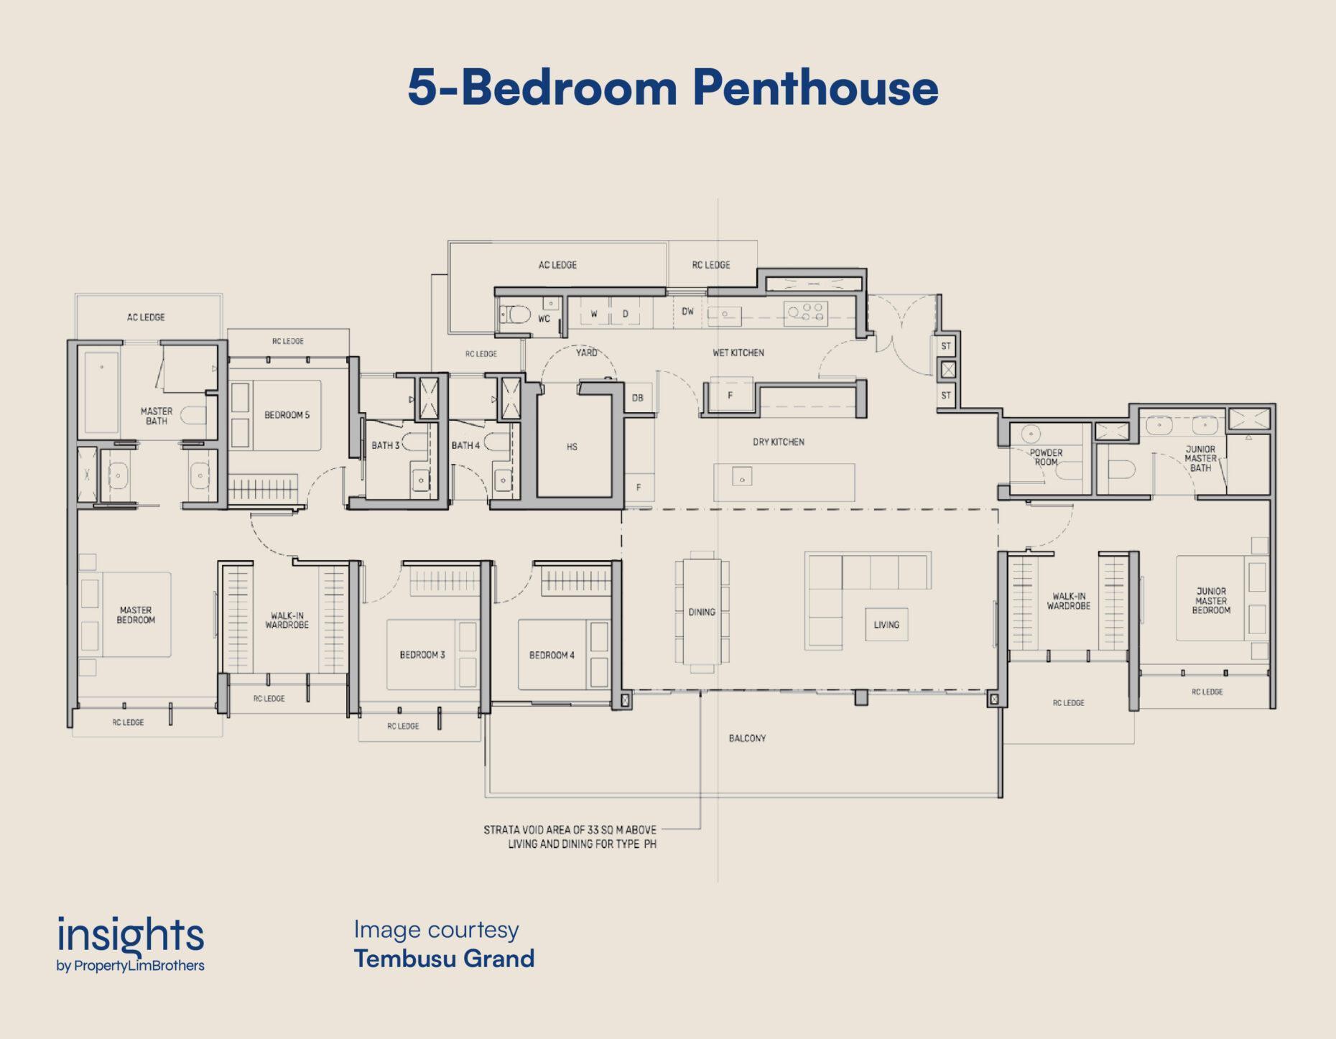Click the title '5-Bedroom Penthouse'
click(673, 88)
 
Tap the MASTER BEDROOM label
click(136, 615)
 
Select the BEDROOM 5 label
click(287, 415)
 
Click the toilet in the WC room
click(516, 315)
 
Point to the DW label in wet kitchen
click(687, 312)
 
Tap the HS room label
click(572, 447)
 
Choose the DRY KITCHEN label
click(779, 442)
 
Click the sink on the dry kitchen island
click(742, 476)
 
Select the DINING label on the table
click(702, 612)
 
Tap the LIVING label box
click(886, 625)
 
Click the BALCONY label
click(747, 738)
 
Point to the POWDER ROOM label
click(1046, 457)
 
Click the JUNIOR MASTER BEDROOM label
click(1211, 601)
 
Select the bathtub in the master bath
click(102, 392)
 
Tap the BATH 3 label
click(386, 445)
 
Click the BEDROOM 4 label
click(552, 655)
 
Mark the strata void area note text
click(570, 837)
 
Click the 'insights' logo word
click(131, 936)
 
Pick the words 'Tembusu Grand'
click(444, 959)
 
